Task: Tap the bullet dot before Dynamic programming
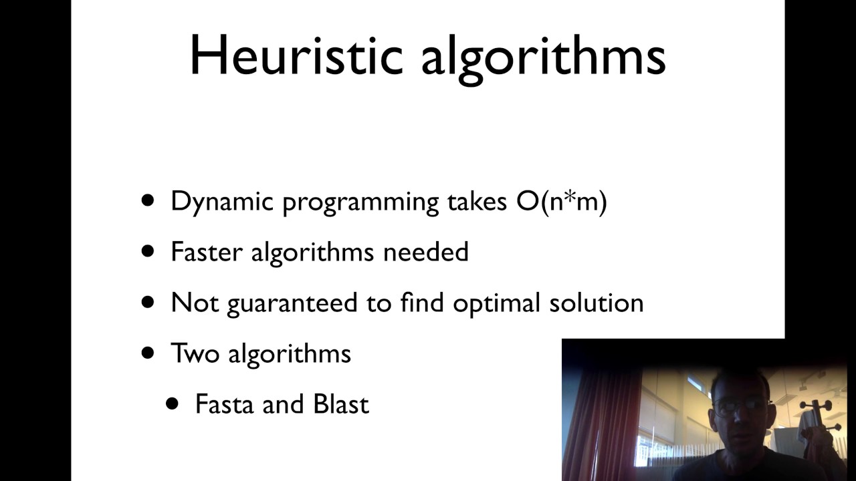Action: (148, 200)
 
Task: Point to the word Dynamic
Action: (222, 202)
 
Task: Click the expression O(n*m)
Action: (562, 202)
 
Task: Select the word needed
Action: (426, 252)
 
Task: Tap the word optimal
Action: (496, 303)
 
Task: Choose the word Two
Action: (195, 353)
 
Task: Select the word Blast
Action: (341, 404)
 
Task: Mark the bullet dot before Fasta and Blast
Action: (173, 404)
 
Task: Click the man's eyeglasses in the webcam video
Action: (738, 405)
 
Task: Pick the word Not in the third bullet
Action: (195, 303)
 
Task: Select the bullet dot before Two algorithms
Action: (148, 353)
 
